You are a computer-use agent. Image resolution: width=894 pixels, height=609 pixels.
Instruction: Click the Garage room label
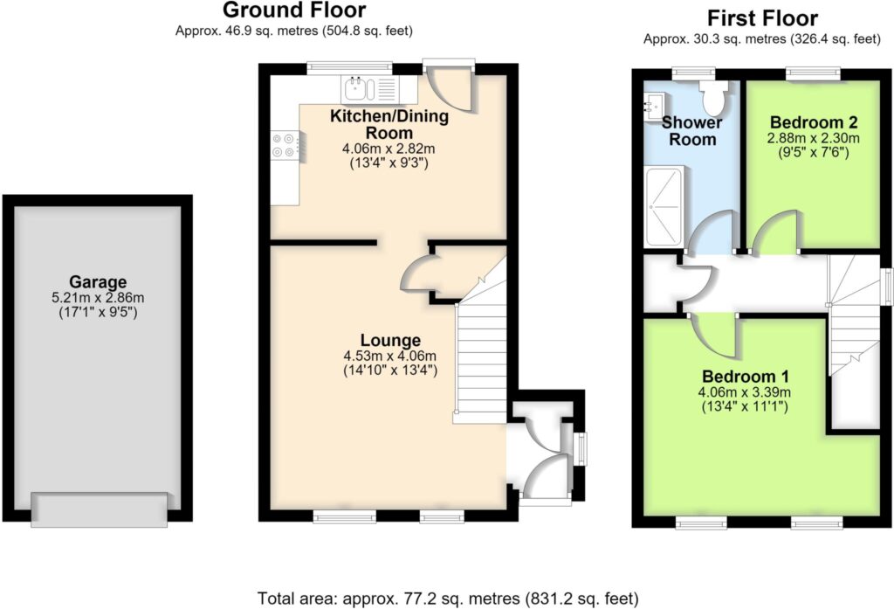[x=98, y=282]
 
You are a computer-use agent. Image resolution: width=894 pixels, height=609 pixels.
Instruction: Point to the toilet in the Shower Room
[x=713, y=96]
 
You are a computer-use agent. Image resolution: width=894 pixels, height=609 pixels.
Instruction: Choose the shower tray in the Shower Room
[x=664, y=206]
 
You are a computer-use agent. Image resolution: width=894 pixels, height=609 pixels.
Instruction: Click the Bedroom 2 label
[x=814, y=122]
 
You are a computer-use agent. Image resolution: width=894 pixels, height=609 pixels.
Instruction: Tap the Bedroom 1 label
[x=746, y=377]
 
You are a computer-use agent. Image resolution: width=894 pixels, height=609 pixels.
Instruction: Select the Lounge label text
[x=390, y=341]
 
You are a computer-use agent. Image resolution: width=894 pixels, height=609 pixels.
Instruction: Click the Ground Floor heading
[x=294, y=10]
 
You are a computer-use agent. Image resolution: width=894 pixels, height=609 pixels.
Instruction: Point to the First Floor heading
[x=762, y=18]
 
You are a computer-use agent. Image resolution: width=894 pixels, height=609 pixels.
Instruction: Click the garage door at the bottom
[x=100, y=509]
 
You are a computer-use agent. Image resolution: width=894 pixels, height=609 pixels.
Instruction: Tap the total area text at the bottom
[x=448, y=599]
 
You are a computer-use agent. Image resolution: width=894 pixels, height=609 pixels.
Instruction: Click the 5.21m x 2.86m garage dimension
[x=98, y=297]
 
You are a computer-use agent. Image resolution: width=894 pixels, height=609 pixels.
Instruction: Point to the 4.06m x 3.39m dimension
[x=745, y=392]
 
